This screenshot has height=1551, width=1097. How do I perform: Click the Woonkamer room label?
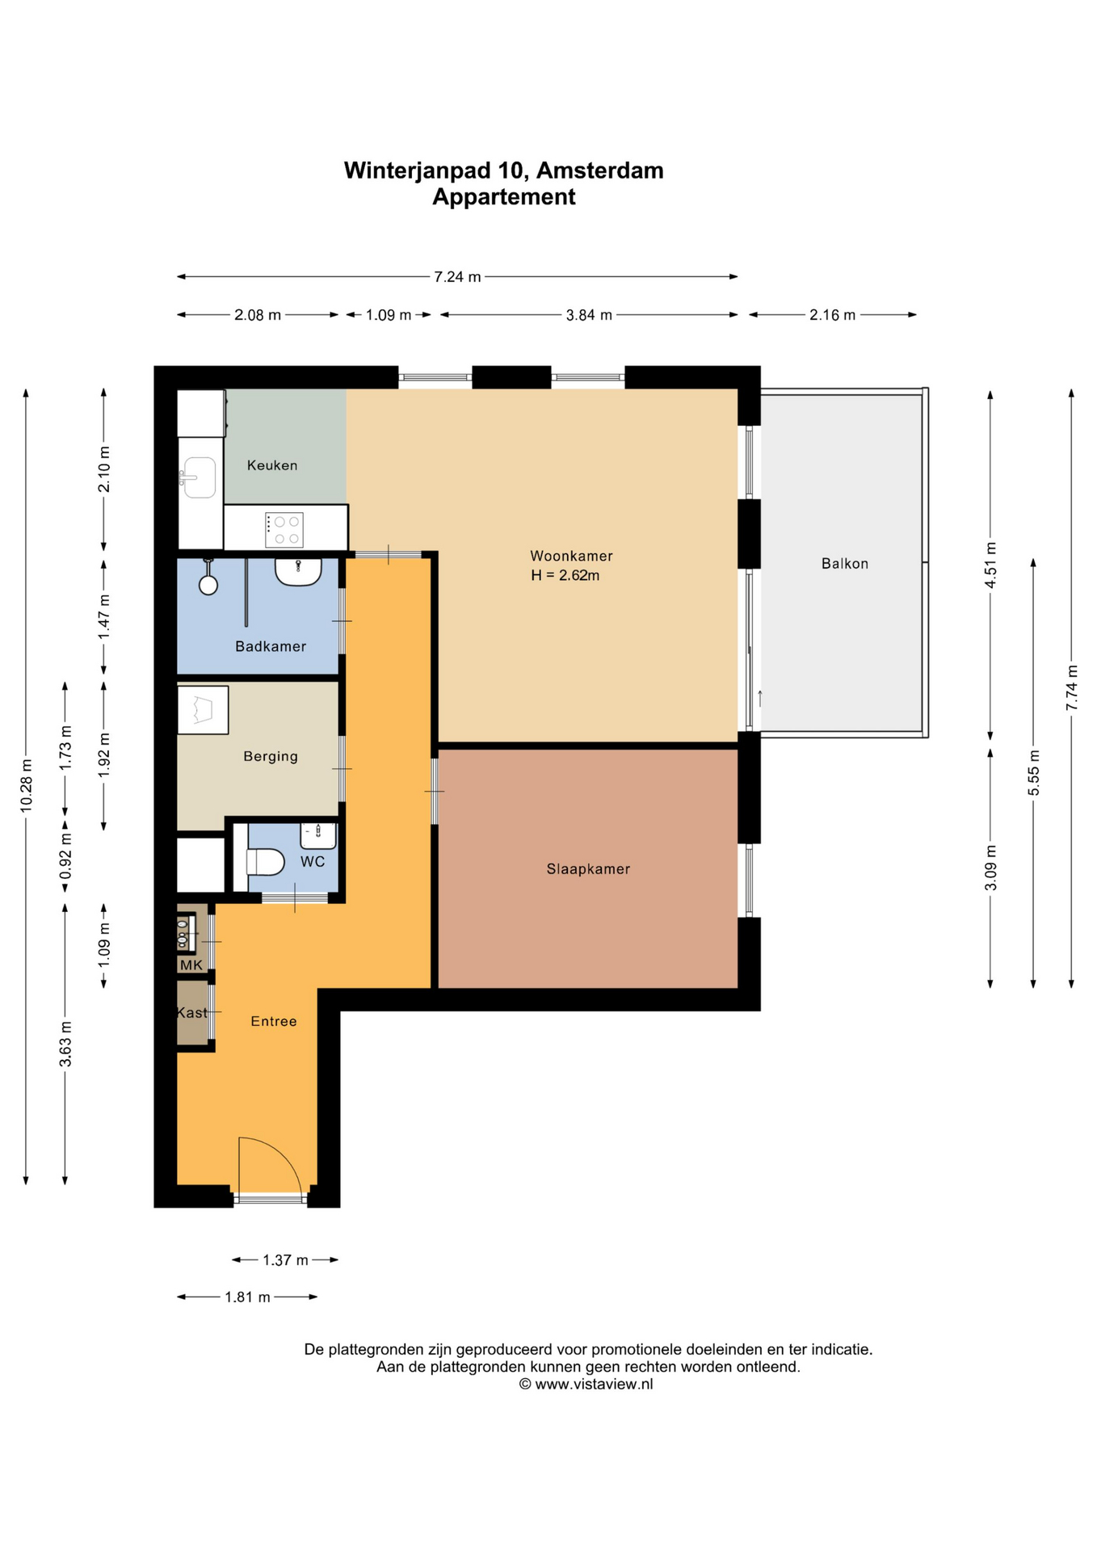pos(571,556)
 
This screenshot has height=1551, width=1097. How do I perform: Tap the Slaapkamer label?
pos(588,869)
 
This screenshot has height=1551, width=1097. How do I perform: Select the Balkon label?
pos(845,564)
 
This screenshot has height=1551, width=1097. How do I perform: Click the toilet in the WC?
pos(265,862)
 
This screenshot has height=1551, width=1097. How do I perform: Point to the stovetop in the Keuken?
pos(284,530)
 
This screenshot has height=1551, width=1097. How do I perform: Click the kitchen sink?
pos(198,477)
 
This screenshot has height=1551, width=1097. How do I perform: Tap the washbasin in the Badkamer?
pos(298,572)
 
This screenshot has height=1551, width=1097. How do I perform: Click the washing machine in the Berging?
pos(203,710)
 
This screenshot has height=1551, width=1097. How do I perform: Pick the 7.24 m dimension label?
pos(457,277)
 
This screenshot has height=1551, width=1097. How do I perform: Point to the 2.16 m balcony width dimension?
pos(832,315)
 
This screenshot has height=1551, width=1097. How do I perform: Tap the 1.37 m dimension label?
pos(285,1260)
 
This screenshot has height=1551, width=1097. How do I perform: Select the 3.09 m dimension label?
pos(991,868)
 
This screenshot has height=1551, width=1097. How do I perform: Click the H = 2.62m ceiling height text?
pos(565,576)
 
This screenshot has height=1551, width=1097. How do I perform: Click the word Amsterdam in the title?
pos(600,170)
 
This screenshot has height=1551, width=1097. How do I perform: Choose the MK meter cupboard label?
pos(191,965)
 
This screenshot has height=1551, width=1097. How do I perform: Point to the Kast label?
pos(192,1013)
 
